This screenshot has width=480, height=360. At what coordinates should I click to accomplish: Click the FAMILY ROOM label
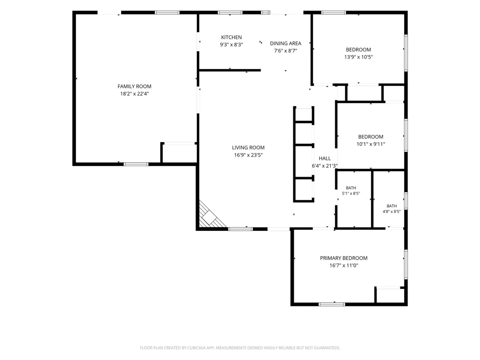point(134,86)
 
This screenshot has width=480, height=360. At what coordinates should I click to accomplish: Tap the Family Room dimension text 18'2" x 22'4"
point(134,94)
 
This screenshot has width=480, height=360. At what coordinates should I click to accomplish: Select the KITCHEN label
point(231,37)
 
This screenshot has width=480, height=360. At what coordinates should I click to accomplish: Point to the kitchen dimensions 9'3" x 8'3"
point(231,45)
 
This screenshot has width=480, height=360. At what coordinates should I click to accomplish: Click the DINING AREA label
point(286,44)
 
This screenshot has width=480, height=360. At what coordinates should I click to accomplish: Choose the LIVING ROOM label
point(248,147)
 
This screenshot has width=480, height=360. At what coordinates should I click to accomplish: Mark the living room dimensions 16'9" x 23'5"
point(248,155)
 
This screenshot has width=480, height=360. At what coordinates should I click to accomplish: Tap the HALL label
point(325,158)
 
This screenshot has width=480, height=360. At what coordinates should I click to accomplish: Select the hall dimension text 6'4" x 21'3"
point(325,166)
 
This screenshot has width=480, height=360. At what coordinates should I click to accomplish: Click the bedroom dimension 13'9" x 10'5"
point(359,57)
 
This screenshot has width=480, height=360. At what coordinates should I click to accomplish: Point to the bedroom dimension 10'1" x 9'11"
point(371,144)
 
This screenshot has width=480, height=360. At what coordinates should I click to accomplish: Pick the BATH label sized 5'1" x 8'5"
point(351,188)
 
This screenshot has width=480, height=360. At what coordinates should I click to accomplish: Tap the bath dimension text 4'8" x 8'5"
point(392,212)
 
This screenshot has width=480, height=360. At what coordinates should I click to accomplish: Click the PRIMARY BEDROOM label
point(344,258)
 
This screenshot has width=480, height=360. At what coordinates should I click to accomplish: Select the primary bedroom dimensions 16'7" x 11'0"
point(344,265)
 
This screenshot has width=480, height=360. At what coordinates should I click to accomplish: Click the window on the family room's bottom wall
point(136,164)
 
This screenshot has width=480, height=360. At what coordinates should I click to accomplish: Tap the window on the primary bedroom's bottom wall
point(332,304)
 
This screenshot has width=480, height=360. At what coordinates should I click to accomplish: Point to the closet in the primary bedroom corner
point(390,295)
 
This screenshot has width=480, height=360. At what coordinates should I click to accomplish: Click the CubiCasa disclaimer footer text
point(240,348)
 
